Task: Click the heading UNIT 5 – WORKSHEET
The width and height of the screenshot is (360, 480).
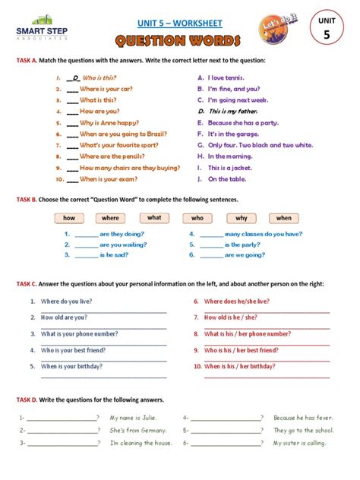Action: [179, 24]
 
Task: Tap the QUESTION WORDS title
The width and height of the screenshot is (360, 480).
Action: [179, 40]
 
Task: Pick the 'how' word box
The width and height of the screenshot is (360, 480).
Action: [69, 218]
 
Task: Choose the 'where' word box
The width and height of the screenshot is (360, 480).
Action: [110, 218]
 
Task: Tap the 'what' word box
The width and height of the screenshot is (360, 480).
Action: [154, 218]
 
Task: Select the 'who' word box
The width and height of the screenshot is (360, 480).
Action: [197, 218]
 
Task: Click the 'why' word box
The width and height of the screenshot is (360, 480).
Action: [241, 218]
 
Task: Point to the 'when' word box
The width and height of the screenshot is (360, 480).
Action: [283, 218]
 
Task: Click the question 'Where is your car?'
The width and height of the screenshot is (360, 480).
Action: [107, 89]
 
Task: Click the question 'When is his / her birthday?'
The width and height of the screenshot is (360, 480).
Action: [239, 366]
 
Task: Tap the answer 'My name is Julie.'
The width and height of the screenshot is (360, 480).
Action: [134, 418]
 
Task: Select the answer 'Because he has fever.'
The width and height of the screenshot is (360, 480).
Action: [303, 418]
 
